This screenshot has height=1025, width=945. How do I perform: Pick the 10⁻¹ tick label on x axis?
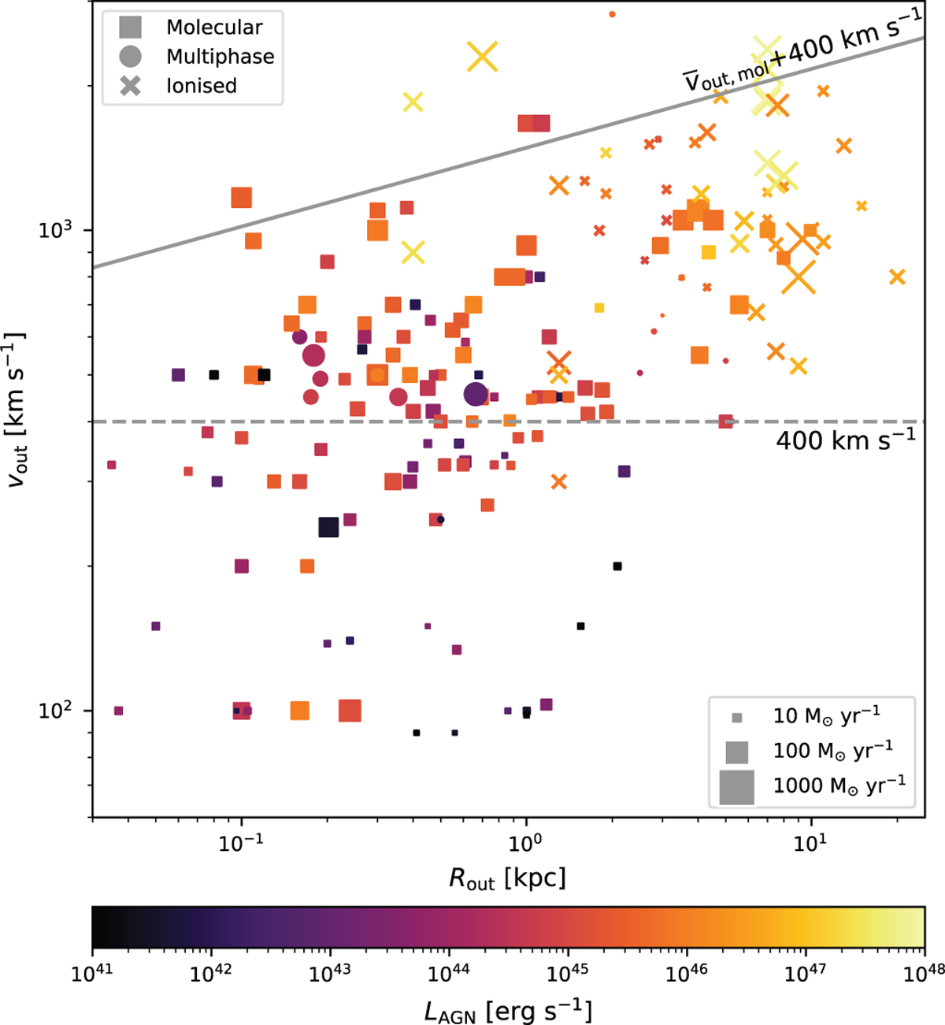click(x=240, y=842)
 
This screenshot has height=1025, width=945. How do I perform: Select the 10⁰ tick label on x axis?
click(x=524, y=842)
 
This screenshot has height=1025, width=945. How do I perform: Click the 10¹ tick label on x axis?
click(x=809, y=842)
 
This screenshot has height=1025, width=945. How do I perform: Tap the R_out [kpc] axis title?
click(x=507, y=878)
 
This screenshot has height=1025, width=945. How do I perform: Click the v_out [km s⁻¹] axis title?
click(x=17, y=410)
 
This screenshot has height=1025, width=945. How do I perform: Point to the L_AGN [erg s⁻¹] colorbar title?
click(x=508, y=1009)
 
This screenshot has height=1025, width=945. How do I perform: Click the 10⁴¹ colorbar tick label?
click(x=93, y=974)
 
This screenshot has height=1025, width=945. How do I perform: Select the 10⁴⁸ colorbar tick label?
click(x=923, y=974)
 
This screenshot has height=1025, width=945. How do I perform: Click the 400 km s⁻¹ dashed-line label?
click(x=845, y=439)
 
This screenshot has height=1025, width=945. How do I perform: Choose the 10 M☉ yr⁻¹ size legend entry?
click(x=826, y=715)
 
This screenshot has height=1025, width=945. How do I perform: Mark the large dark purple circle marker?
click(x=476, y=394)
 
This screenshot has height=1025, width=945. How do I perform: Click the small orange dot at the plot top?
click(x=613, y=14)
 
